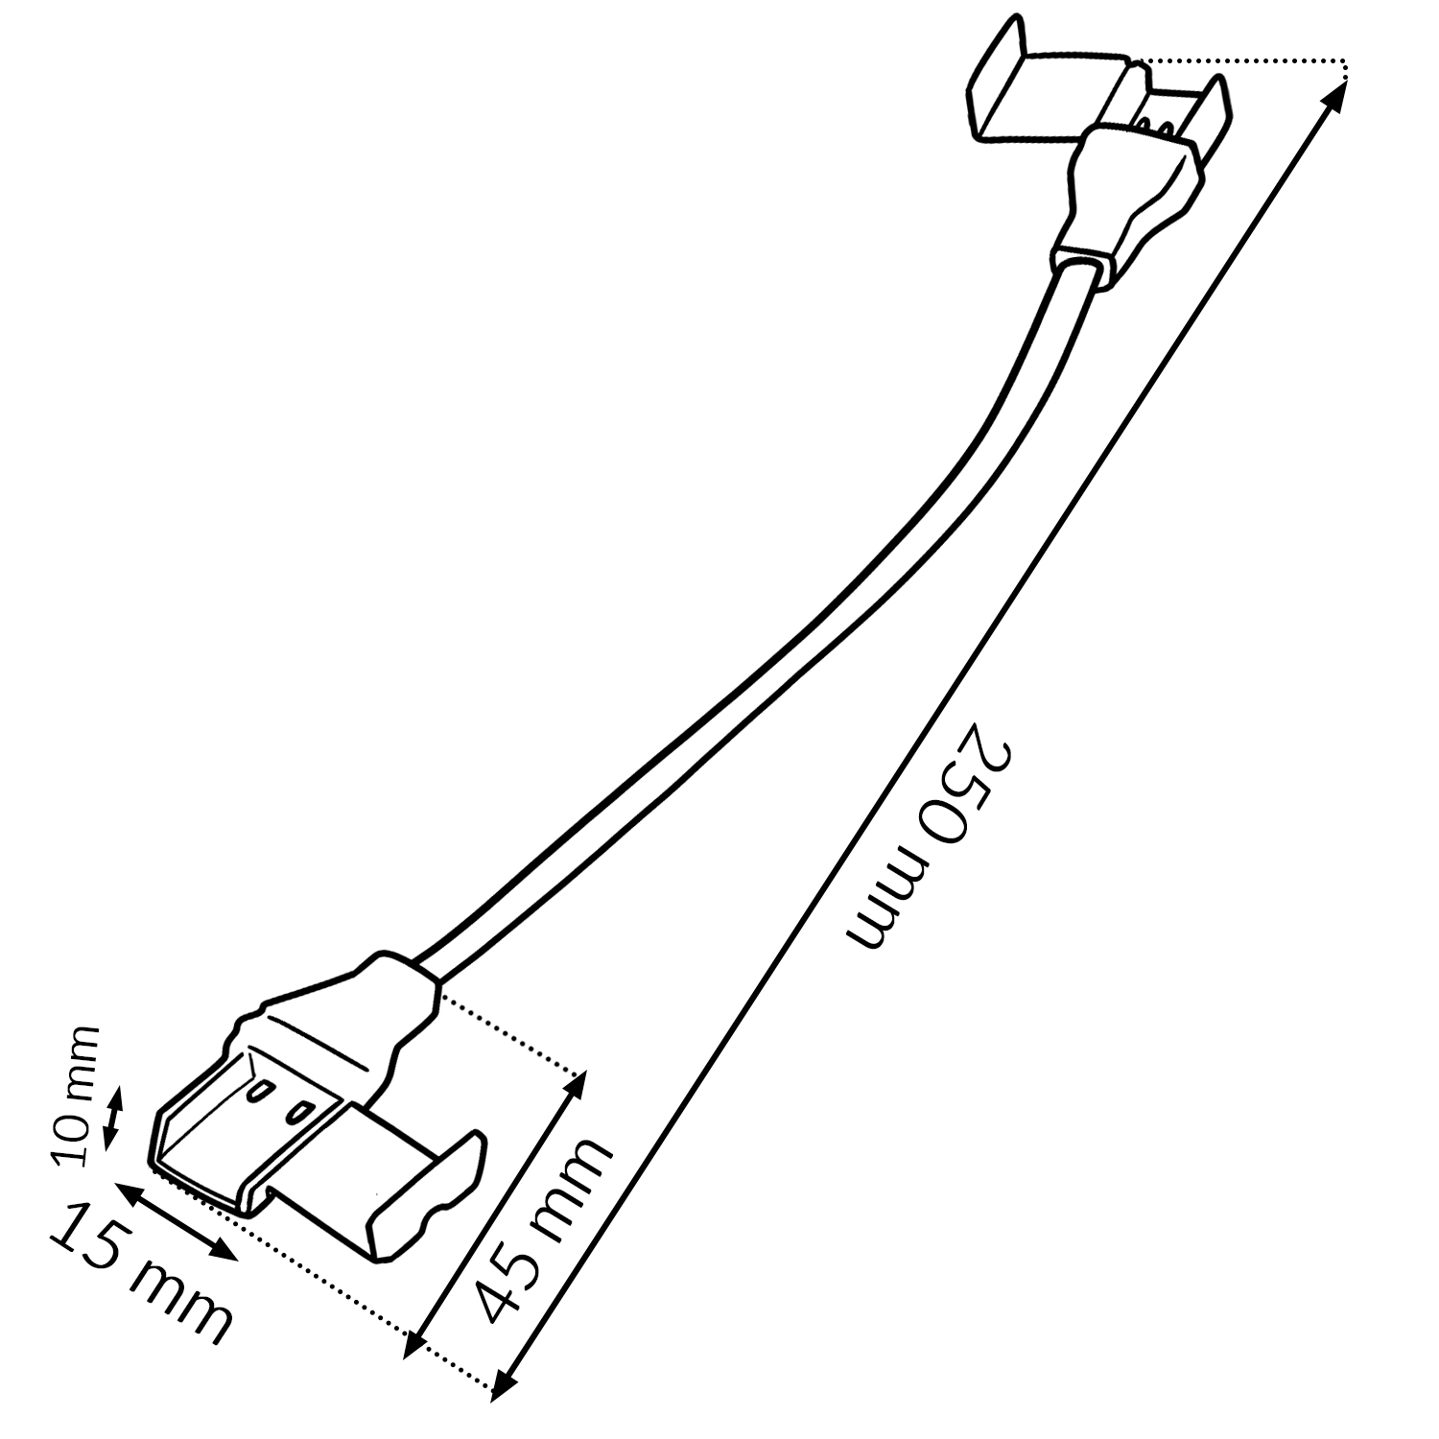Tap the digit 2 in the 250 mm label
point(990,750)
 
